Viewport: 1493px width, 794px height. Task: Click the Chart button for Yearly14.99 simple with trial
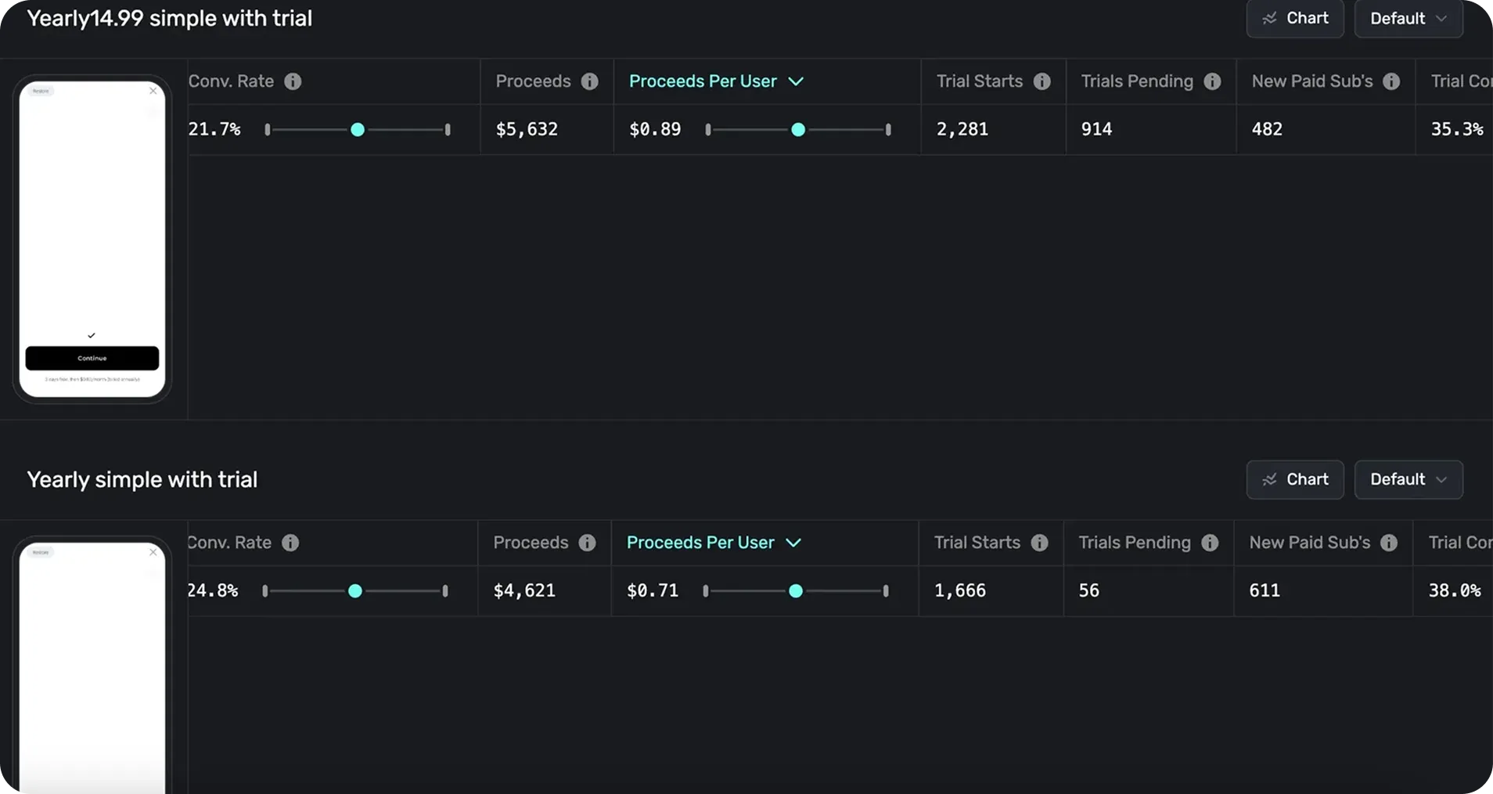(x=1294, y=18)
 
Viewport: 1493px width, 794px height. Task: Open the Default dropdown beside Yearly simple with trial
(x=1408, y=479)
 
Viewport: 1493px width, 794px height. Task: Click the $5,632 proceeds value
(x=527, y=129)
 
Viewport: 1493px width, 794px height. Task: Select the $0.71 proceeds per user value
(x=653, y=590)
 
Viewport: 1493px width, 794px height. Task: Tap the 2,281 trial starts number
(x=962, y=129)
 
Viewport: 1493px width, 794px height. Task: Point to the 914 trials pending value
(x=1096, y=129)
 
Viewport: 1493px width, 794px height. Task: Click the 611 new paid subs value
(x=1265, y=590)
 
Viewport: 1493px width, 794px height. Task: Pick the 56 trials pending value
(x=1088, y=590)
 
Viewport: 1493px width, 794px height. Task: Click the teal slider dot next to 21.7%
(x=358, y=130)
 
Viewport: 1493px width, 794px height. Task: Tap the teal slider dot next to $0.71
(x=796, y=591)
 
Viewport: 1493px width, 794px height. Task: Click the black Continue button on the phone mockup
(x=92, y=358)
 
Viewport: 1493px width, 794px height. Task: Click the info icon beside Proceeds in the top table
(x=590, y=81)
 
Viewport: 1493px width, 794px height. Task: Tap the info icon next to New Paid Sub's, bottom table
(x=1389, y=543)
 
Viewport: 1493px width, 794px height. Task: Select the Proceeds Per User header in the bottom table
(x=700, y=543)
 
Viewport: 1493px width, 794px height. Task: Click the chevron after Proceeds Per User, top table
(x=796, y=81)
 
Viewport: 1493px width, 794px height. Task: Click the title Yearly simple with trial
(x=142, y=479)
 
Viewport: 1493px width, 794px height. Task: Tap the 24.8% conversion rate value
(x=213, y=590)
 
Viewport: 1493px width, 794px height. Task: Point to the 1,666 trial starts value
(x=959, y=590)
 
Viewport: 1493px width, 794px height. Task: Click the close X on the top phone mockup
(x=153, y=91)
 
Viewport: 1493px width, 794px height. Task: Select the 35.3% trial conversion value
(x=1456, y=129)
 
